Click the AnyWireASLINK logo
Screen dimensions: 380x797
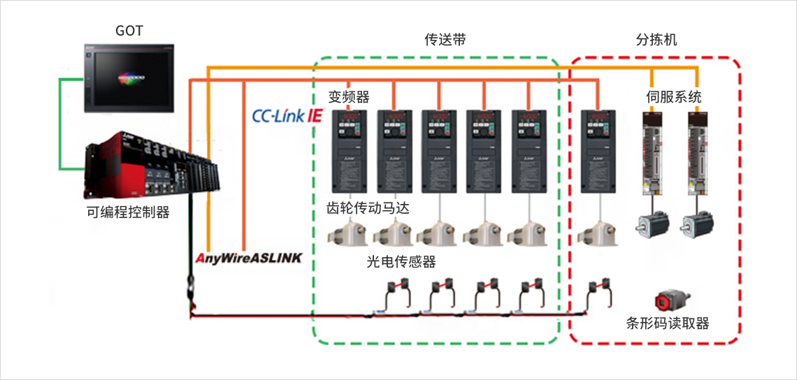tap(249, 258)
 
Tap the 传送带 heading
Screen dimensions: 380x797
tap(445, 40)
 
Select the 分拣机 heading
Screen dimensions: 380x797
tap(656, 40)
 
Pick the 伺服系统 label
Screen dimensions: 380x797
tap(674, 96)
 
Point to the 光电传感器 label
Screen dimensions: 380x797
tap(401, 262)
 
